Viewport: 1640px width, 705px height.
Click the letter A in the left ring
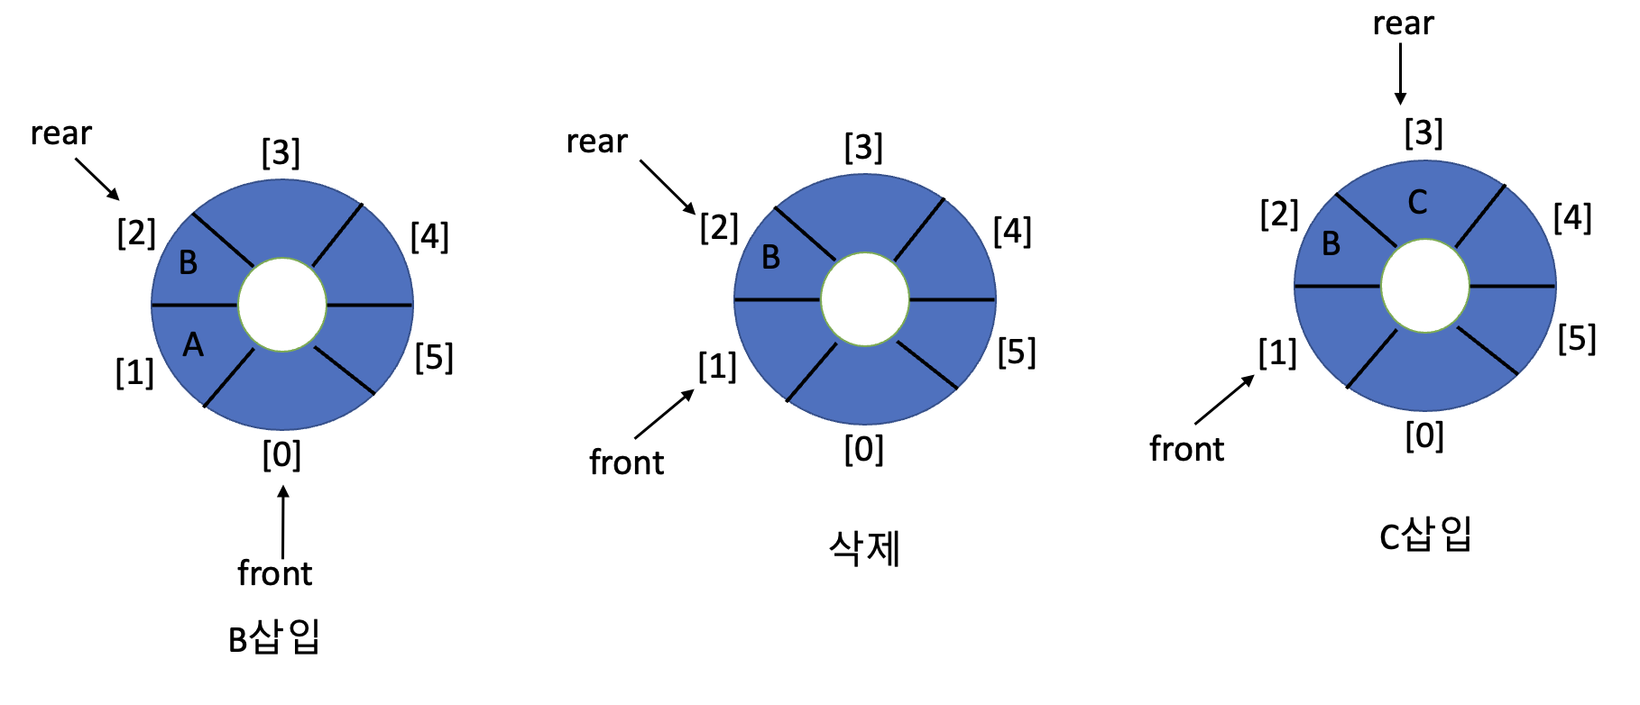[193, 345]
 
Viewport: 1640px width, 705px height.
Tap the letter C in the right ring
[1417, 203]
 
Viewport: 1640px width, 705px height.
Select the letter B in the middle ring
[770, 258]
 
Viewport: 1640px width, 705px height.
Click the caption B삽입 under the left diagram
[274, 638]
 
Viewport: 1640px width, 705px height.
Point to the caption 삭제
[864, 548]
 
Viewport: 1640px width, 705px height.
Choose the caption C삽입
[1425, 536]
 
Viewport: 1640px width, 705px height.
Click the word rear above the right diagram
[1403, 24]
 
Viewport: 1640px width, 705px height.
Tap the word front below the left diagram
[274, 573]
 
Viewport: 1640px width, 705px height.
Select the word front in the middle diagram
[626, 462]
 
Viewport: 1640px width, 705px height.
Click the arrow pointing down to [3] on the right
[1401, 74]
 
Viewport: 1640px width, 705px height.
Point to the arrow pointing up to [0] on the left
[283, 522]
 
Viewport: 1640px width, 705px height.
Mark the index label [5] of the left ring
[434, 358]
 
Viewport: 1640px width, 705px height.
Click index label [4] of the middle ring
[1012, 232]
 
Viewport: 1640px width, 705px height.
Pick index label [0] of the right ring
[1424, 436]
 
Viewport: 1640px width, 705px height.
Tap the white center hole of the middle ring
[865, 299]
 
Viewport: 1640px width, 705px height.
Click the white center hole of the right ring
[1425, 286]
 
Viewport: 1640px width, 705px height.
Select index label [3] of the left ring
[281, 152]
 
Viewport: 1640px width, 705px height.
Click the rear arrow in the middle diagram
[668, 187]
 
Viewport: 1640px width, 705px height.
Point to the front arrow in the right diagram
[1224, 399]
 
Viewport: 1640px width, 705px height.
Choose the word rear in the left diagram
[60, 133]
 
